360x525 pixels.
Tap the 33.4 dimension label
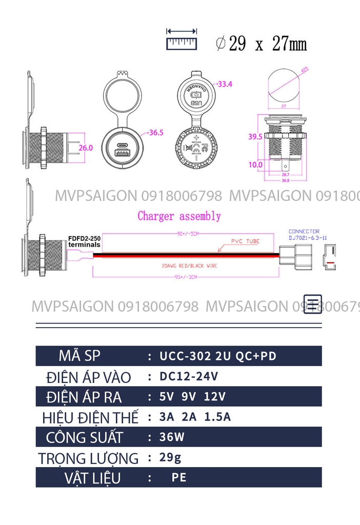pyautogui.click(x=225, y=84)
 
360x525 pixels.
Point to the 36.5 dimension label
pyautogui.click(x=156, y=132)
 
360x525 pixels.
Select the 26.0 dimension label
pyautogui.click(x=86, y=148)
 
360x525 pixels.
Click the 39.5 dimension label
pyautogui.click(x=255, y=137)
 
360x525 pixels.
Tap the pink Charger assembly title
pyautogui.click(x=179, y=216)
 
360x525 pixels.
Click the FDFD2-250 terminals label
pyautogui.click(x=85, y=241)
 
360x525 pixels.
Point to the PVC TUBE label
pyautogui.click(x=245, y=241)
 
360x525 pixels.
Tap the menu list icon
pyautogui.click(x=313, y=304)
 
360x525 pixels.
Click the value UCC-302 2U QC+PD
pyautogui.click(x=218, y=356)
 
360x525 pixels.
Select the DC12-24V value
pyautogui.click(x=189, y=376)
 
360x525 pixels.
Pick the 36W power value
pyautogui.click(x=172, y=437)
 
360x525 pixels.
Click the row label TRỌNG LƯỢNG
pyautogui.click(x=88, y=458)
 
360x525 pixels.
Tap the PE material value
pyautogui.click(x=179, y=478)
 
